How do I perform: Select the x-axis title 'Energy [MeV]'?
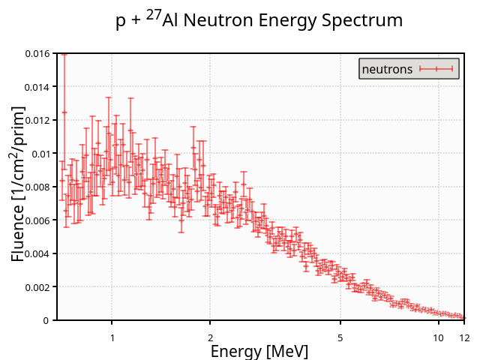point(259,351)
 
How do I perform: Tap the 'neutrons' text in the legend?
point(387,69)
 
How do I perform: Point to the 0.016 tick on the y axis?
point(37,54)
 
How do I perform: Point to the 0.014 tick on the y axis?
point(37,87)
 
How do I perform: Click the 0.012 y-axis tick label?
point(37,120)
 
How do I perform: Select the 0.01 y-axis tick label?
point(40,154)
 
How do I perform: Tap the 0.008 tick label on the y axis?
point(37,187)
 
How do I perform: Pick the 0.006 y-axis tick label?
point(37,220)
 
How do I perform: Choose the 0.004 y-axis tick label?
point(37,253)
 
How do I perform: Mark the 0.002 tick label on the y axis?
point(37,287)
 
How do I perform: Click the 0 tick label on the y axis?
point(46,320)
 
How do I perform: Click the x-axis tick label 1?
point(112,337)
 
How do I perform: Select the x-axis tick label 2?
point(210,337)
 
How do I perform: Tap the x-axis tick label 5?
point(340,337)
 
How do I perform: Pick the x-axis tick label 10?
point(439,337)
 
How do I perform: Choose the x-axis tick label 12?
point(464,337)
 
